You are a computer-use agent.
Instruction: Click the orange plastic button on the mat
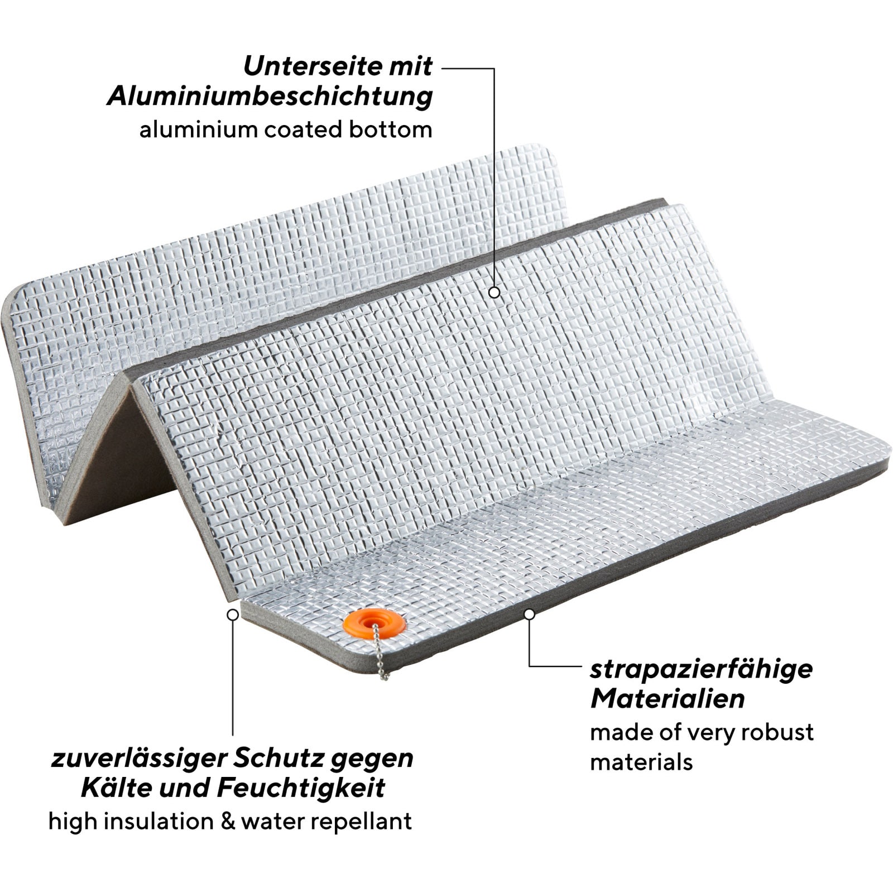pyautogui.click(x=374, y=624)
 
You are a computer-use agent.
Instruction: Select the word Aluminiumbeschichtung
pyautogui.click(x=270, y=97)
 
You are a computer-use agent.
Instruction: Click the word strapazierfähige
pyautogui.click(x=701, y=670)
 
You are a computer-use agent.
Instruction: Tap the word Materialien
pyautogui.click(x=668, y=699)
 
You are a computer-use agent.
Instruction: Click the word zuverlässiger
pyautogui.click(x=138, y=759)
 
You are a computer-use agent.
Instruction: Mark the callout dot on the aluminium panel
pyautogui.click(x=494, y=292)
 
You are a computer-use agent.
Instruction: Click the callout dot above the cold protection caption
pyautogui.click(x=233, y=614)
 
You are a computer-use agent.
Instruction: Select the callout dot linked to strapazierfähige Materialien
pyautogui.click(x=530, y=614)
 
